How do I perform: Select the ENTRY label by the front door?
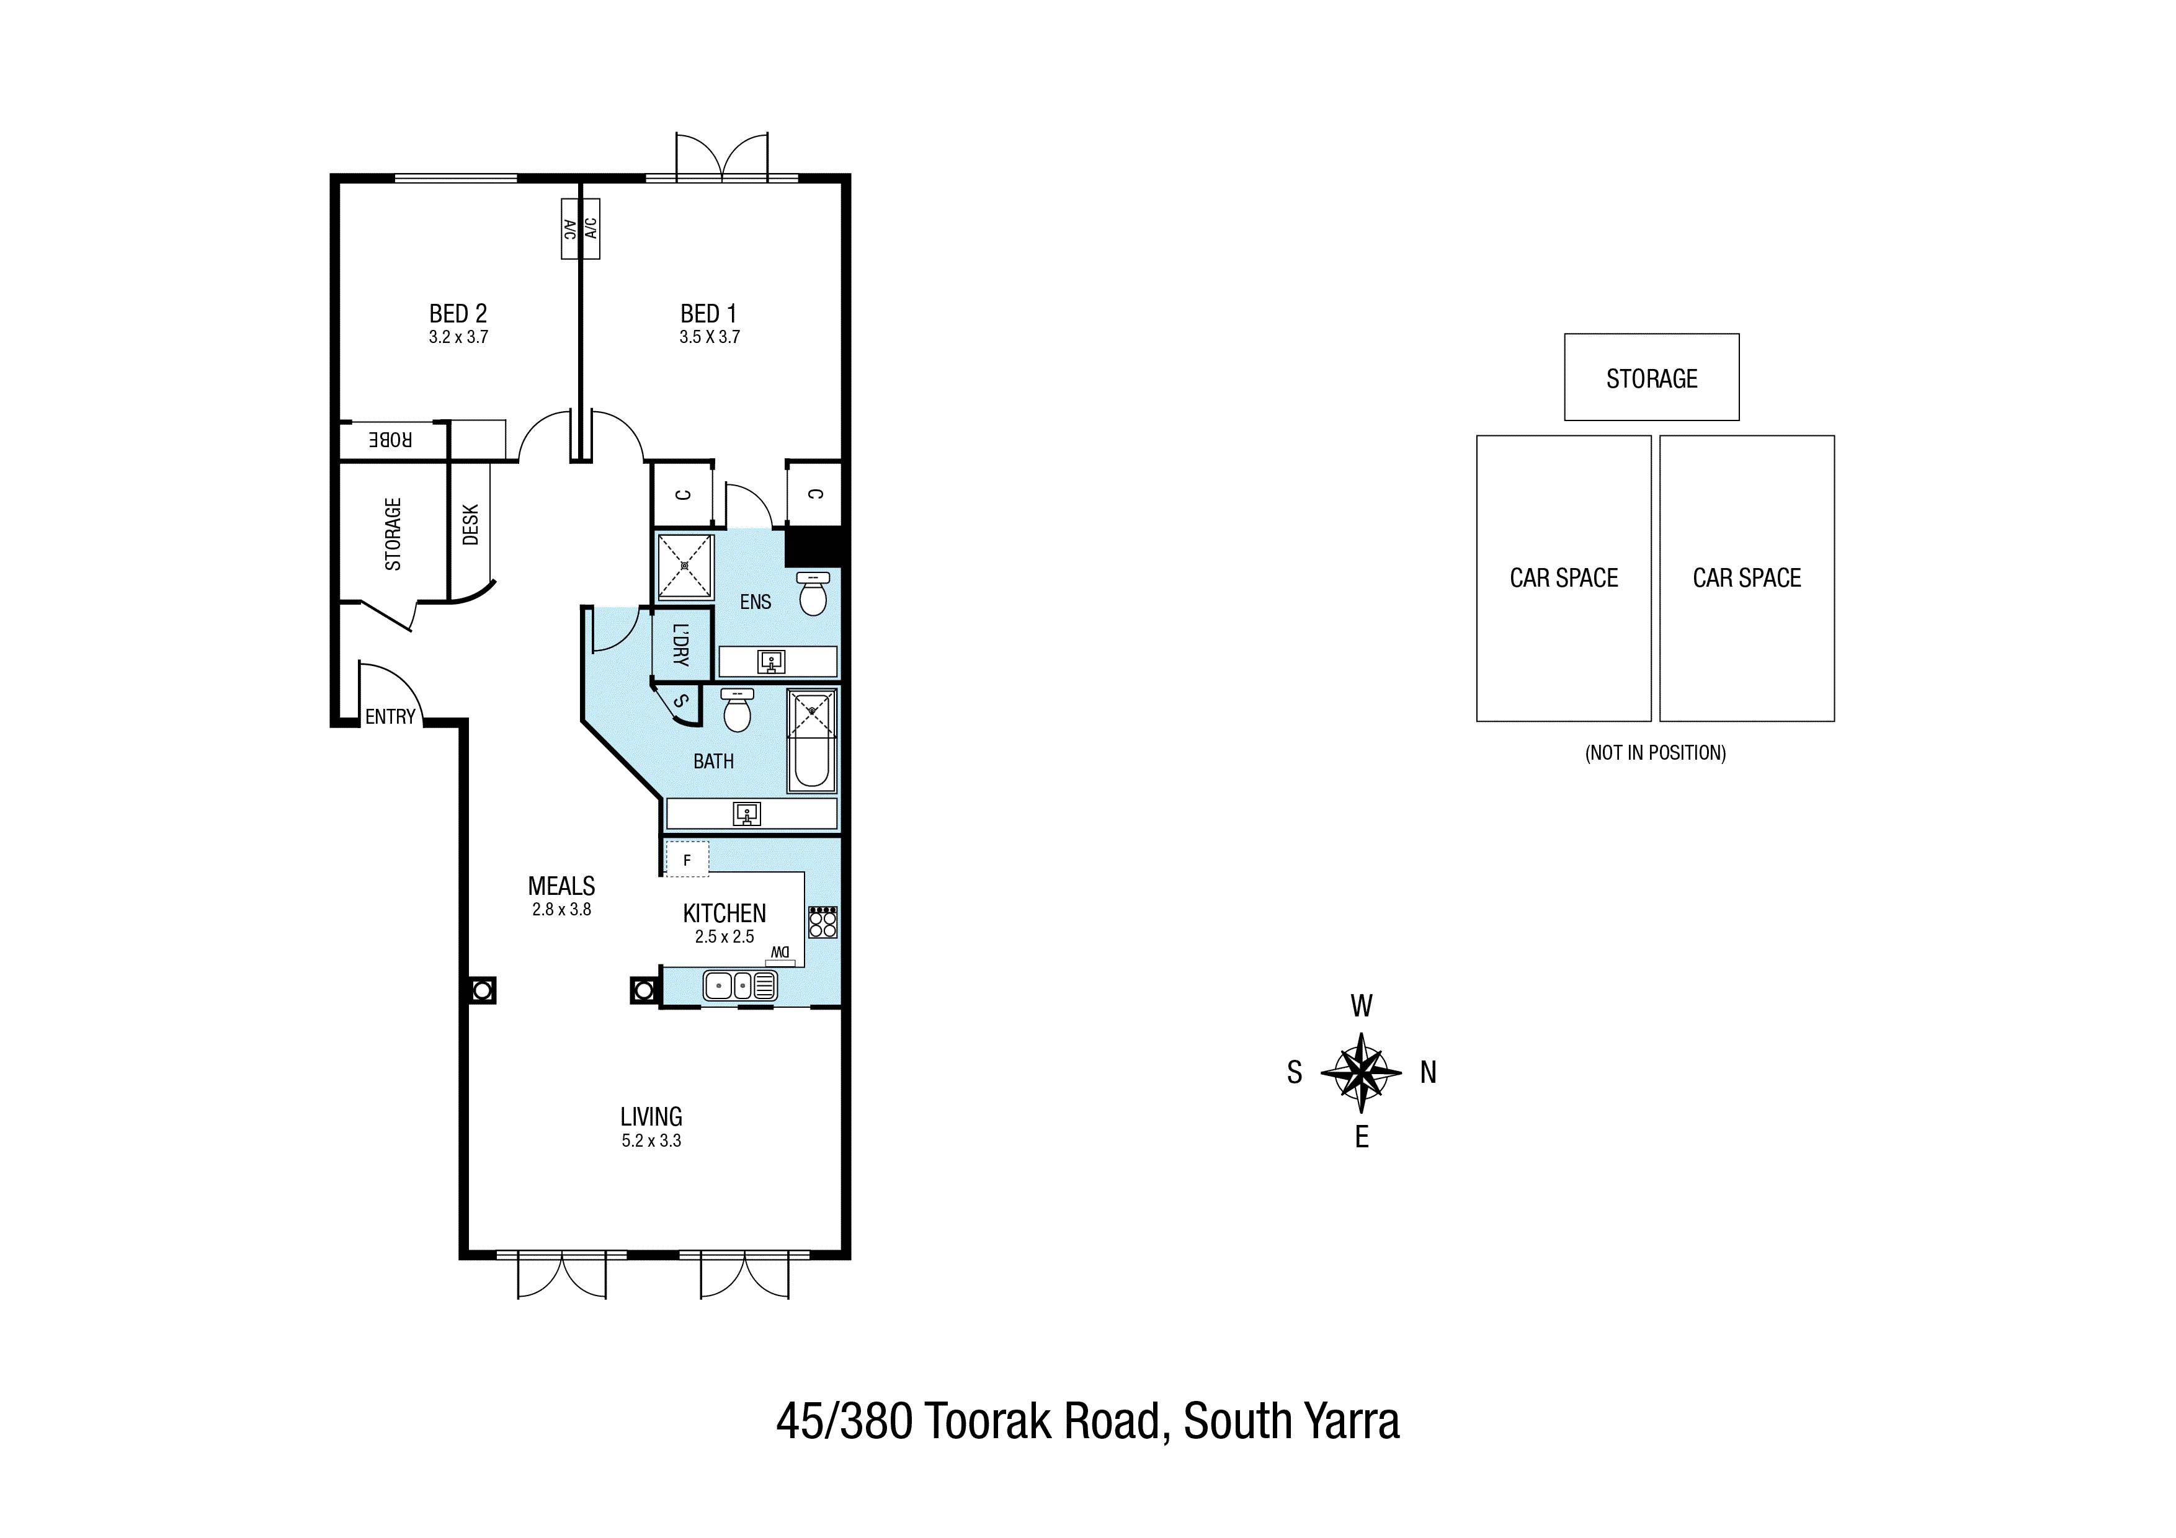click(390, 718)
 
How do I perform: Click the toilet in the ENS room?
click(813, 594)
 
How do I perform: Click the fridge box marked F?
click(687, 860)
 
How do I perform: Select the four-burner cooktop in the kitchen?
click(823, 922)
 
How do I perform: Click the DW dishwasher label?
click(780, 953)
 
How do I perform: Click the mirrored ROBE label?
click(390, 440)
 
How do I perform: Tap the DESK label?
click(471, 524)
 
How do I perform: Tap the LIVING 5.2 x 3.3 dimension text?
click(651, 1141)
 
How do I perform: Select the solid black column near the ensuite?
click(813, 547)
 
